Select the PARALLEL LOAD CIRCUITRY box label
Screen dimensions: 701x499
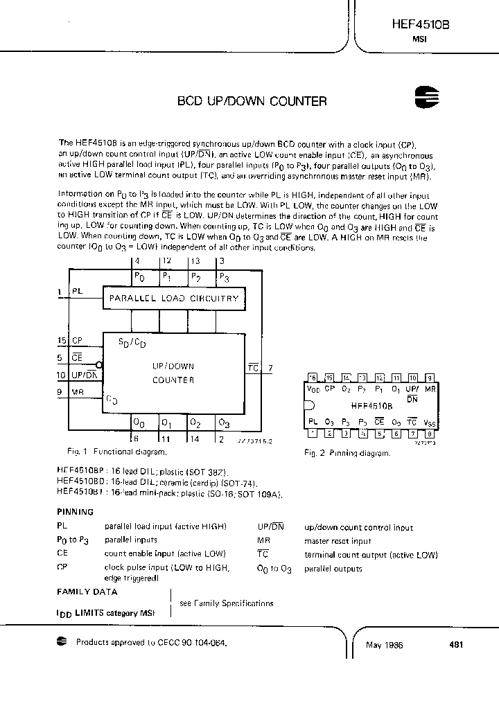coord(173,299)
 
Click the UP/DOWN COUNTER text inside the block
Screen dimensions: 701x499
coord(173,373)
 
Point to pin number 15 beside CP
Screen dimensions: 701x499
coord(62,341)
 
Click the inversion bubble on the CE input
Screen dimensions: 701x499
coord(100,365)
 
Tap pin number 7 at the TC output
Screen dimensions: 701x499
coord(270,368)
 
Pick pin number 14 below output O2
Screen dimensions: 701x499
coord(194,438)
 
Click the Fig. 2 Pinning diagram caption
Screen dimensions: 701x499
coord(347,453)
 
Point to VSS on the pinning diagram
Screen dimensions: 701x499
coord(430,422)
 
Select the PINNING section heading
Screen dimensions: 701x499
coord(75,512)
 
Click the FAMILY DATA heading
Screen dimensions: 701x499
coord(87,592)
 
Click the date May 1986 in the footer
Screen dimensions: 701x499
coord(385,645)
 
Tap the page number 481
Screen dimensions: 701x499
coord(456,644)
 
